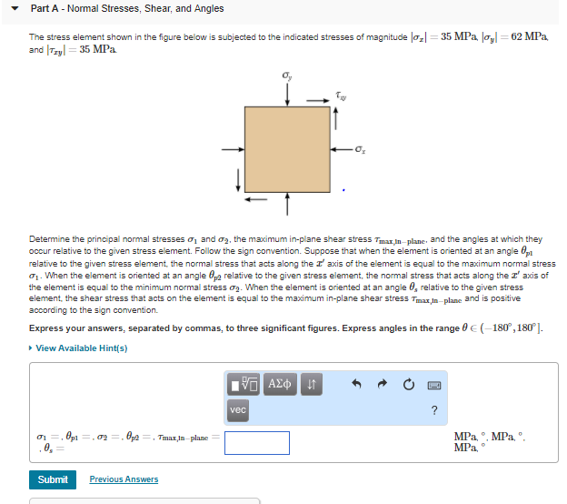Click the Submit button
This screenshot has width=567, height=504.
[x=53, y=479]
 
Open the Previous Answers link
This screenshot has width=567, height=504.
[x=124, y=479]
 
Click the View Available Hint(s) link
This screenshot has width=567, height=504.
[x=80, y=348]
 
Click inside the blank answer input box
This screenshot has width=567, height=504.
[x=257, y=442]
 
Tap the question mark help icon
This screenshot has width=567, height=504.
[x=434, y=410]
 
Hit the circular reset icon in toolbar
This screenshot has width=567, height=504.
[x=406, y=385]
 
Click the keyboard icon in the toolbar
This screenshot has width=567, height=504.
[x=434, y=385]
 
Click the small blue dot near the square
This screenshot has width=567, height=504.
[x=343, y=190]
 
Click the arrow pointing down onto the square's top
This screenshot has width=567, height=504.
[x=287, y=94]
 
